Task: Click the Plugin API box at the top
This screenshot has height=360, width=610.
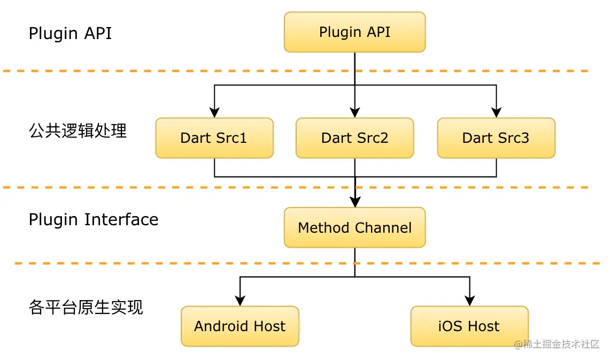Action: (354, 32)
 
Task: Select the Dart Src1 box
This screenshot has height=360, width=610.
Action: (214, 138)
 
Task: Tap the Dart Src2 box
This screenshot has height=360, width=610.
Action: (354, 138)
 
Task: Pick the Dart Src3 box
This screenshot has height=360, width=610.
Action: (496, 138)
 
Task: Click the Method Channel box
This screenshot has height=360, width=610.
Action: (354, 228)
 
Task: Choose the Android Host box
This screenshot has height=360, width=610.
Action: (240, 326)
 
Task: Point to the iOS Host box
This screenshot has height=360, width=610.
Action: (469, 326)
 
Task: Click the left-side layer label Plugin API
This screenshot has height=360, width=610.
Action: (70, 33)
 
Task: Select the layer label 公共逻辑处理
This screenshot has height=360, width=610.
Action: (78, 131)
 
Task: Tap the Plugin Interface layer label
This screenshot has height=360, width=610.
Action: (94, 220)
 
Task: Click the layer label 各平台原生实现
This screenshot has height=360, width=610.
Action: (86, 308)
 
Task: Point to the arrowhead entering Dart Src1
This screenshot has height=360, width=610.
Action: (214, 112)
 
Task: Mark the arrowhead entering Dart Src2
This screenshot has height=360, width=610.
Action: (355, 112)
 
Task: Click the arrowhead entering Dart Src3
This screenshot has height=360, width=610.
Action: (496, 112)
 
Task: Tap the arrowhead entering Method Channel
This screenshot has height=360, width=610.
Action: (355, 202)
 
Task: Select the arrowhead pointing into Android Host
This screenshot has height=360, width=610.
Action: (240, 300)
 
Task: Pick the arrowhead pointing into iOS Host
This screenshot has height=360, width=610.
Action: (469, 300)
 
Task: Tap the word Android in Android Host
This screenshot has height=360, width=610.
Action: (221, 326)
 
